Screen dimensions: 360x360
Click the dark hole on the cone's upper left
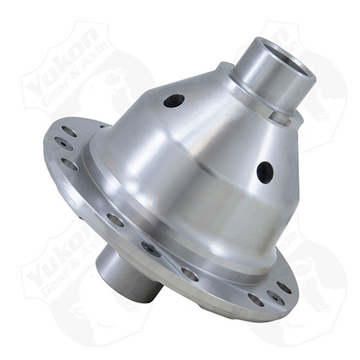click(x=174, y=101)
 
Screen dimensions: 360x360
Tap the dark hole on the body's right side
click(x=265, y=172)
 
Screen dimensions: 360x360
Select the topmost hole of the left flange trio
click(x=68, y=132)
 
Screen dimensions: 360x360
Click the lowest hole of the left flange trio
click(x=69, y=164)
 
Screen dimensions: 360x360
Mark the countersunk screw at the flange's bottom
click(x=151, y=249)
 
